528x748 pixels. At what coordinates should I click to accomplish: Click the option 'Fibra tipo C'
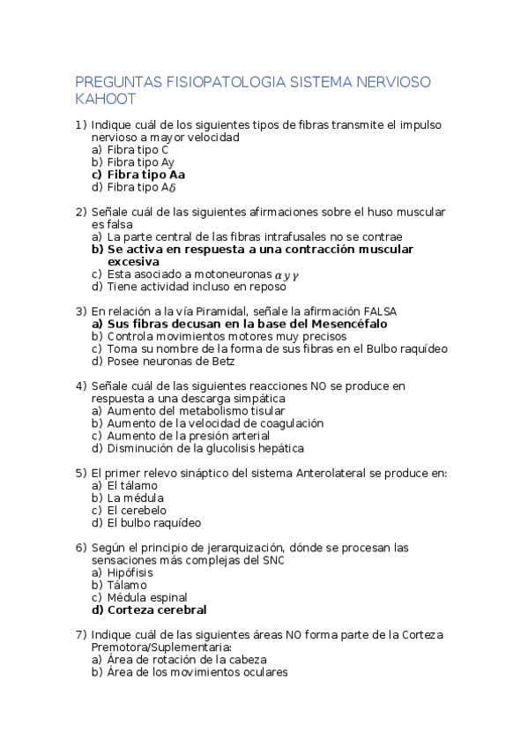tap(138, 150)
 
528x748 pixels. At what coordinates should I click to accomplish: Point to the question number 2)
tap(81, 212)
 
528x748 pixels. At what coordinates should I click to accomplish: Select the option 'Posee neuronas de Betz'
tap(171, 361)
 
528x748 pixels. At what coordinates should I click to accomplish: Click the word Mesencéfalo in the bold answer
tap(348, 324)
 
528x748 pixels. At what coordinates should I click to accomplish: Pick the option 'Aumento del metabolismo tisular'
tap(196, 410)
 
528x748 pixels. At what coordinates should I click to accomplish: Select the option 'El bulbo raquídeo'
tap(147, 522)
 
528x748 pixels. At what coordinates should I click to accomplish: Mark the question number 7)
tap(81, 634)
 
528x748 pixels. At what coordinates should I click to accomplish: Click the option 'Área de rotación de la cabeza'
tap(186, 659)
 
